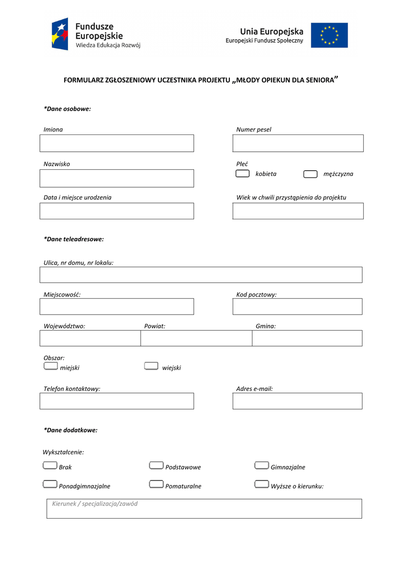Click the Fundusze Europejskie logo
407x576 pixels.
pyautogui.click(x=95, y=34)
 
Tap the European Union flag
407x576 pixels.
pyautogui.click(x=329, y=35)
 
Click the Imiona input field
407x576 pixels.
pyautogui.click(x=116, y=143)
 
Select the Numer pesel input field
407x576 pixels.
pyautogui.click(x=298, y=143)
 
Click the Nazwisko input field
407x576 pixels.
pyautogui.click(x=116, y=178)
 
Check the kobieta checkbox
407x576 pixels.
pyautogui.click(x=243, y=174)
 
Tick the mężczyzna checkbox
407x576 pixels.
pyautogui.click(x=310, y=174)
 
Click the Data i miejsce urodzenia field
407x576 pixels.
pyautogui.click(x=116, y=211)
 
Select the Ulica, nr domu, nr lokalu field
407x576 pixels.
pyautogui.click(x=201, y=275)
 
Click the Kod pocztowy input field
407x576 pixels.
pyautogui.click(x=297, y=307)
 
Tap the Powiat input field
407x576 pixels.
pyautogui.click(x=196, y=338)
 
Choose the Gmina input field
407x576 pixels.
pyautogui.click(x=307, y=338)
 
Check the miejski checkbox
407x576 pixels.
pyautogui.click(x=51, y=366)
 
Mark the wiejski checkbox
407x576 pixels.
pyautogui.click(x=151, y=366)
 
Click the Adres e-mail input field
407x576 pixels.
pyautogui.click(x=297, y=401)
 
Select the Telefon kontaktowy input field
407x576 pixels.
pyautogui.click(x=116, y=401)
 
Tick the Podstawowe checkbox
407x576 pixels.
pyautogui.click(x=156, y=465)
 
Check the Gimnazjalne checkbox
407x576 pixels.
pyautogui.click(x=261, y=465)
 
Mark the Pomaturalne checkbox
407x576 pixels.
pyautogui.click(x=156, y=484)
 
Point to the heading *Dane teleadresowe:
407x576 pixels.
pyautogui.click(x=74, y=239)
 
